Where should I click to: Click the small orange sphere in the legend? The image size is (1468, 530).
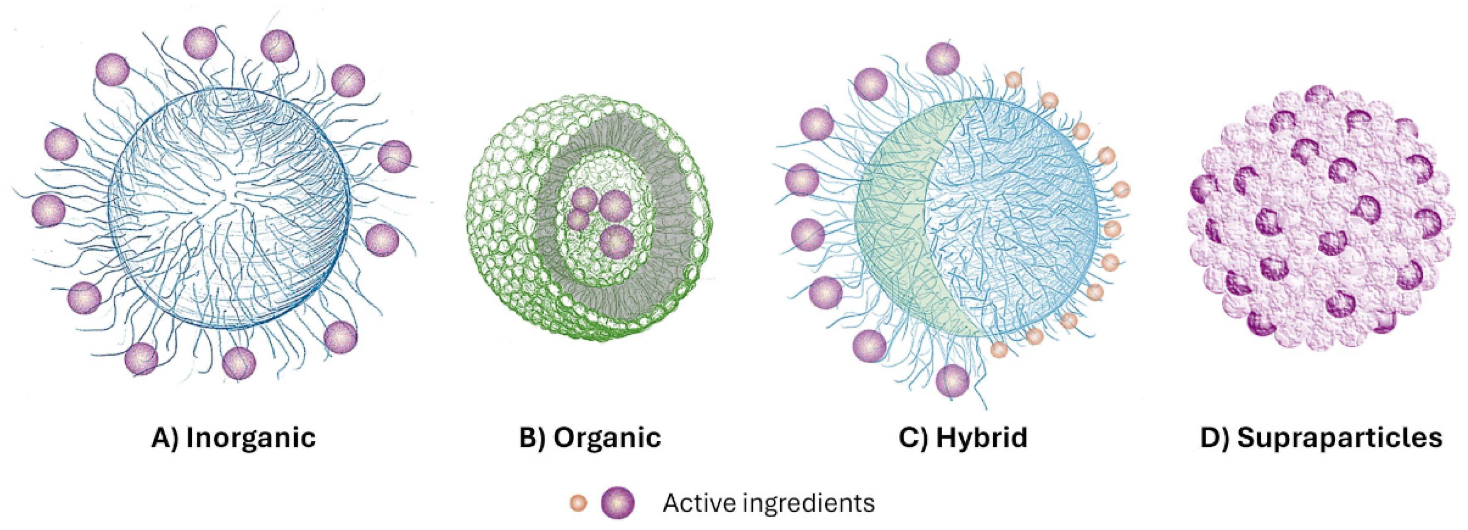point(578,503)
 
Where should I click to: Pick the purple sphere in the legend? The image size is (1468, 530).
point(617,503)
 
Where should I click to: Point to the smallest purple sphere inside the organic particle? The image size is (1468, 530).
point(578,220)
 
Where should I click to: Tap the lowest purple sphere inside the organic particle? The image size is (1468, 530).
point(617,242)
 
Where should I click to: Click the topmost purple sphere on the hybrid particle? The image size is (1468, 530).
point(943,59)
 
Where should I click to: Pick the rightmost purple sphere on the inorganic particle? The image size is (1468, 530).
point(394,156)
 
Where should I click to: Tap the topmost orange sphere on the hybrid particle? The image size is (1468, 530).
point(1013,80)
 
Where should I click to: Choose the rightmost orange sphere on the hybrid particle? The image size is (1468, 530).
point(1121,189)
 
